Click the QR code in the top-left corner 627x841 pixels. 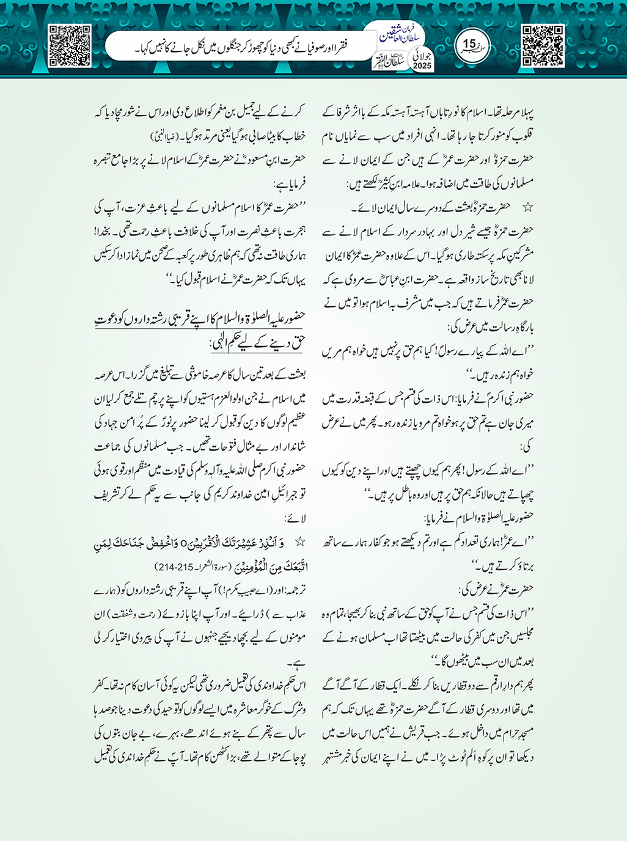point(70,45)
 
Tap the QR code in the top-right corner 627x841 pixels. point(543,45)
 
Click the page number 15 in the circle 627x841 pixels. point(469,44)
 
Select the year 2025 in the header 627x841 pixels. point(422,65)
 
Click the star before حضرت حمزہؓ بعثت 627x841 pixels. point(527,208)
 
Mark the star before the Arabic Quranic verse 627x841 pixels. point(300,541)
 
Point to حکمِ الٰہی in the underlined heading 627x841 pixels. point(231,345)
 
